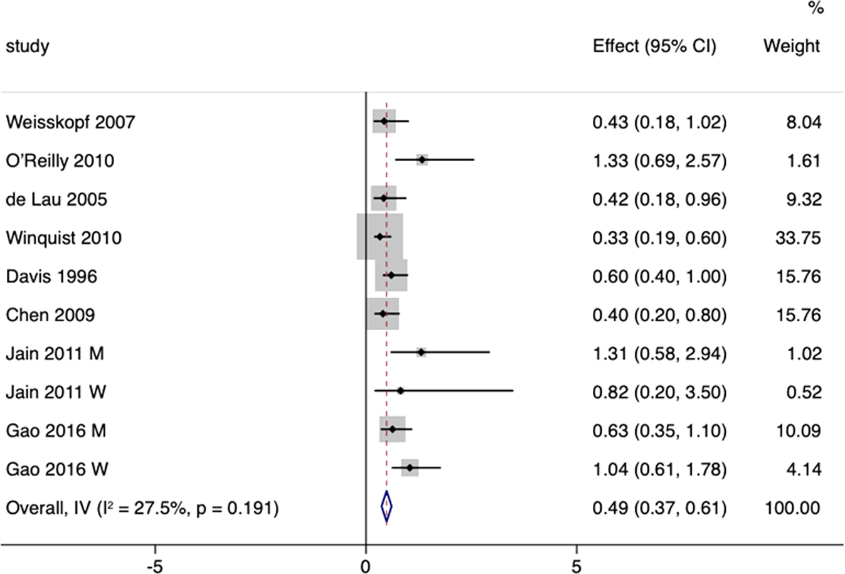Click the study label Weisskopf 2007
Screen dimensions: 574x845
coord(70,122)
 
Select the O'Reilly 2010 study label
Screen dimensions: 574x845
coord(60,161)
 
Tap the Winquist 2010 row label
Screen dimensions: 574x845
coord(63,238)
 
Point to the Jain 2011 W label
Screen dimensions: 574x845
coord(56,392)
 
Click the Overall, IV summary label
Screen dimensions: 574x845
coord(142,508)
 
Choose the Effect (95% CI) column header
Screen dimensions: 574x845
coord(654,46)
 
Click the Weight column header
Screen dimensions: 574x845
coord(791,46)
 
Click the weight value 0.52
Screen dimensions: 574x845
coord(804,392)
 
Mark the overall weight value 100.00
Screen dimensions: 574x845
coord(792,508)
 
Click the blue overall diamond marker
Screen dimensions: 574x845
coord(386,507)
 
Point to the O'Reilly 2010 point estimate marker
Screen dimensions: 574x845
coord(422,160)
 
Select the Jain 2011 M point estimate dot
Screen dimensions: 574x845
coord(421,353)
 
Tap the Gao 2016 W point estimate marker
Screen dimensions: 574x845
coord(410,468)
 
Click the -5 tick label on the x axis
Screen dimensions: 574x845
coord(154,566)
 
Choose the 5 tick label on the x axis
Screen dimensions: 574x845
coord(576,566)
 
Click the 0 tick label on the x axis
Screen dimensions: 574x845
coord(366,566)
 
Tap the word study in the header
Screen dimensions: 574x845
coord(28,46)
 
